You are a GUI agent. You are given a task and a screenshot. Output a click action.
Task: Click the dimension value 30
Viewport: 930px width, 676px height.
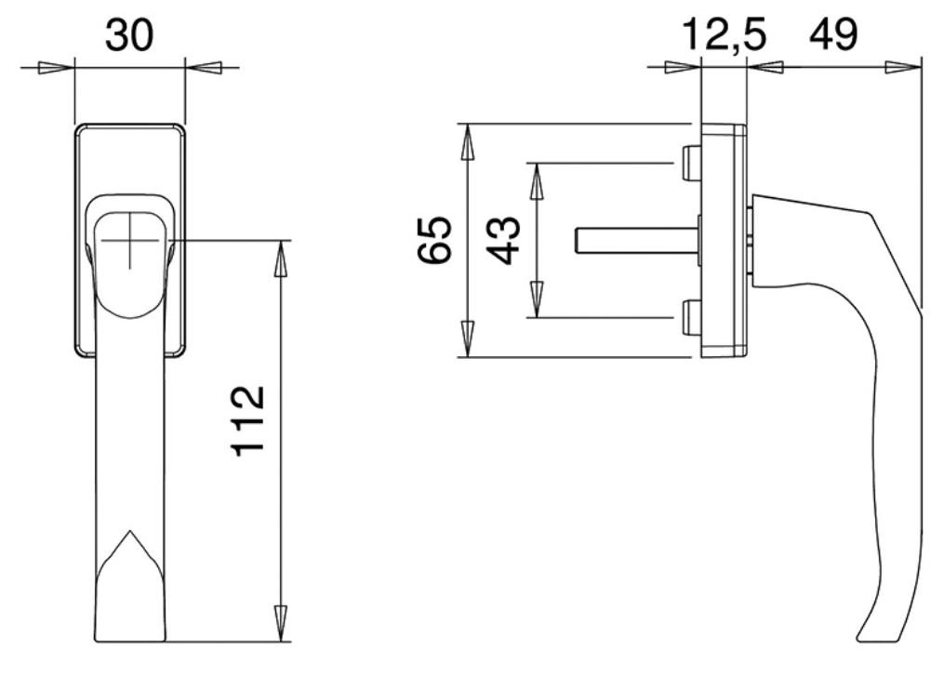[x=129, y=34]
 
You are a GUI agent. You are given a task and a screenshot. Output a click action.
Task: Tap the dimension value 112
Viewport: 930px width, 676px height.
[x=247, y=421]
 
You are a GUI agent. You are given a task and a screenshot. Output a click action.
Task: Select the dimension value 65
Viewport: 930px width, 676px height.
[x=434, y=240]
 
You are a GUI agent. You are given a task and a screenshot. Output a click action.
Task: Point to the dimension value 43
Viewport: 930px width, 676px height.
[x=503, y=240]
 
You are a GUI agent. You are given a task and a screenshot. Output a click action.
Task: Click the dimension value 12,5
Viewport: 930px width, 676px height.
[x=724, y=34]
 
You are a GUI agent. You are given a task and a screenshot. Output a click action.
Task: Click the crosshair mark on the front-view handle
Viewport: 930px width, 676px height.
[x=130, y=240]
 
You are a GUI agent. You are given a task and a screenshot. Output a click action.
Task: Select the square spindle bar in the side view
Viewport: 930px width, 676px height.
[x=638, y=240]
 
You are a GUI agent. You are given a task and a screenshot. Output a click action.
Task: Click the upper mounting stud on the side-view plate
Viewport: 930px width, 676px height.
[x=692, y=163]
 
